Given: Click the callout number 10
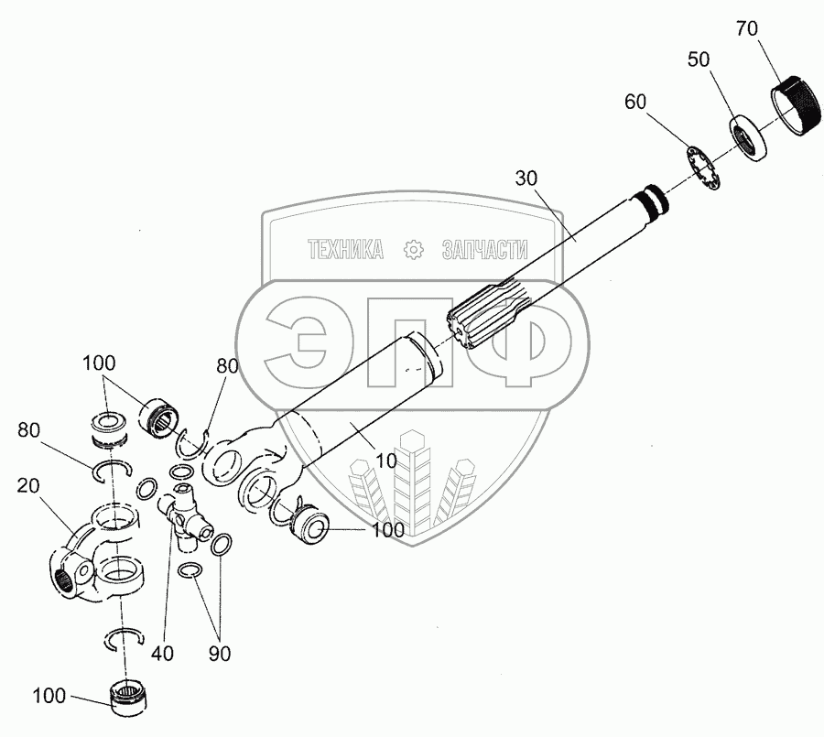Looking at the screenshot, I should coord(386,461).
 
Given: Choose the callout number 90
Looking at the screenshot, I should coord(219,653).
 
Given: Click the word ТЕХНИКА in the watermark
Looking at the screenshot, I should coord(344,250).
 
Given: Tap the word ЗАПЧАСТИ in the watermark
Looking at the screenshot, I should coord(485,250).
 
